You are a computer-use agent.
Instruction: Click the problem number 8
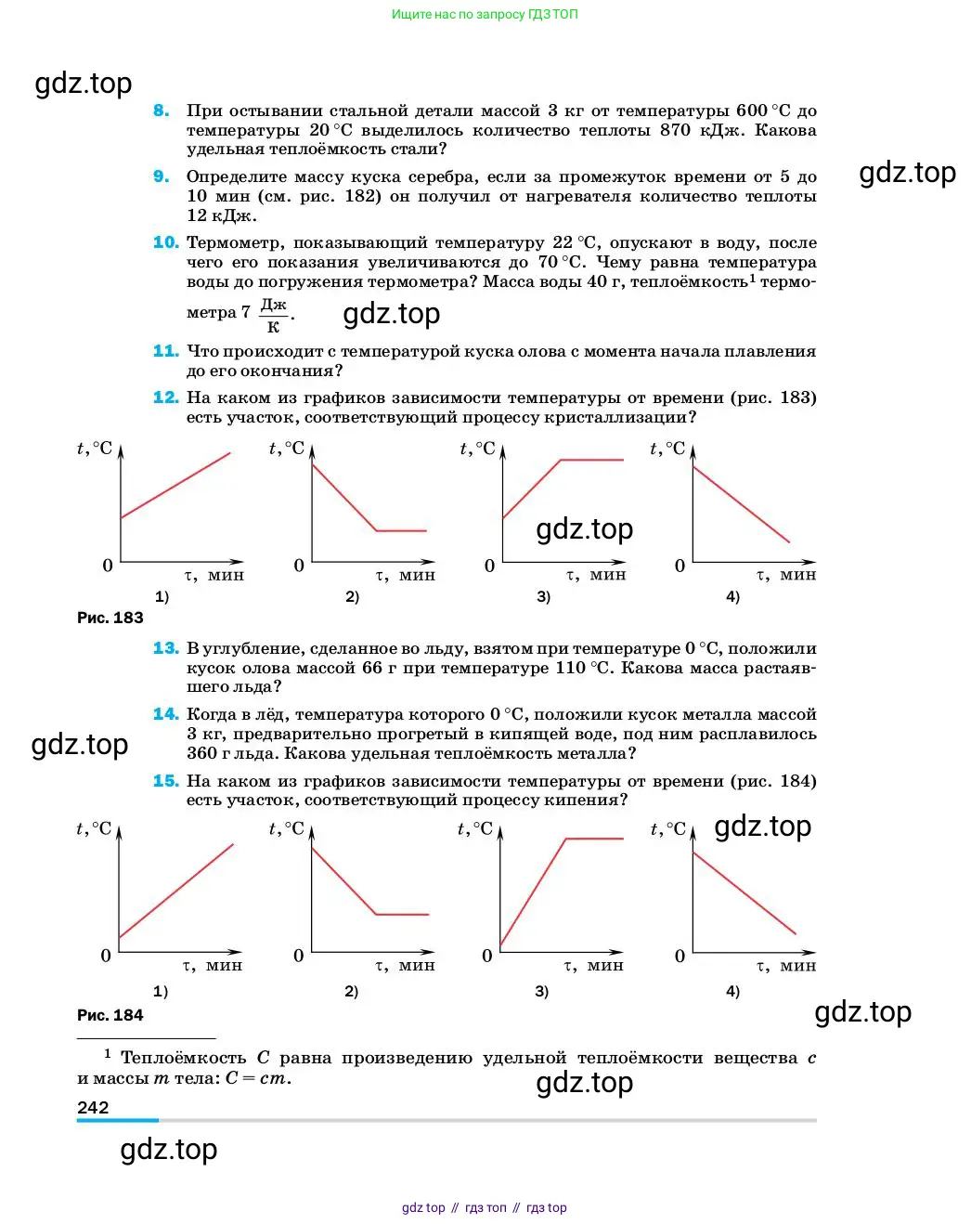(162, 111)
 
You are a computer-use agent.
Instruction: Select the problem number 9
(162, 176)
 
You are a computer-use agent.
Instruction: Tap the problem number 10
(165, 242)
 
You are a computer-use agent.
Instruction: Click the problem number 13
(165, 648)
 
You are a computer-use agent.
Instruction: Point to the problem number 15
(165, 781)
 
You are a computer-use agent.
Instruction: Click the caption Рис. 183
(110, 618)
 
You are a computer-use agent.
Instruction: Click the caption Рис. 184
(110, 1015)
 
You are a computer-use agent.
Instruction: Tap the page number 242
(93, 1107)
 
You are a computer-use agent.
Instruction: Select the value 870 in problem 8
(675, 130)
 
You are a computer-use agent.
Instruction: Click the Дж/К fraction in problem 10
(273, 316)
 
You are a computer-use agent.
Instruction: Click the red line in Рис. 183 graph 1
(175, 486)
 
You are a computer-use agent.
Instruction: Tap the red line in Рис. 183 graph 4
(741, 503)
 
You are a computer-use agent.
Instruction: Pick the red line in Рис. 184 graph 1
(175, 892)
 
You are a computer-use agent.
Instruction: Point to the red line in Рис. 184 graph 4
(744, 893)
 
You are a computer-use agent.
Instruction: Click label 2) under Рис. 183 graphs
(352, 596)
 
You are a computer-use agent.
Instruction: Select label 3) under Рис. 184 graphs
(542, 991)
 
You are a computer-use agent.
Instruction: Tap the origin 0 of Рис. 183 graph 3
(489, 566)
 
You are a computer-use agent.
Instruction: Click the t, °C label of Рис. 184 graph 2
(286, 828)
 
